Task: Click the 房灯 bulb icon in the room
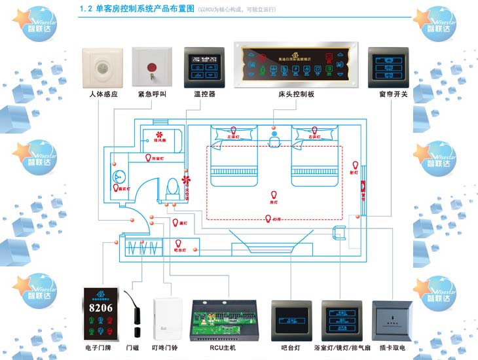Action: tap(274, 194)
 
